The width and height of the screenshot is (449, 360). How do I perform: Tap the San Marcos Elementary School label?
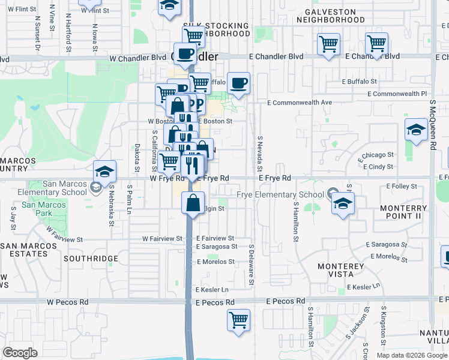[57, 188]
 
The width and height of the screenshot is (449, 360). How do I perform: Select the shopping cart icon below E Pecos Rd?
[238, 319]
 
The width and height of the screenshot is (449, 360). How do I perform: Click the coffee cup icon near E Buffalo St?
[238, 83]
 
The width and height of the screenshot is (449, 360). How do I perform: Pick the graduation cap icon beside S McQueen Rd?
[415, 130]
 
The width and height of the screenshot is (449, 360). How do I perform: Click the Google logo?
[20, 353]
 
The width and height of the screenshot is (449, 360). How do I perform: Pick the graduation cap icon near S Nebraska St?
[104, 171]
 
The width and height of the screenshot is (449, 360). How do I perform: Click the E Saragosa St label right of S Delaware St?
[387, 245]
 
